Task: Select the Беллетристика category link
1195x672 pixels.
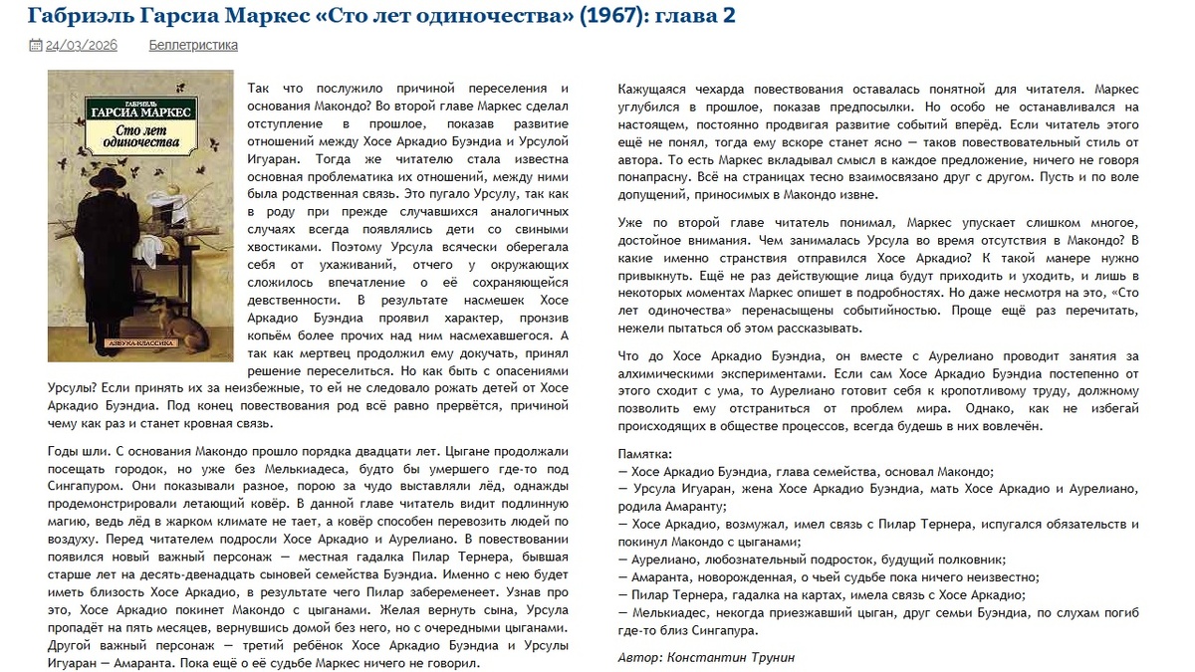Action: [193, 45]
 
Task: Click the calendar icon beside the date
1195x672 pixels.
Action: [36, 45]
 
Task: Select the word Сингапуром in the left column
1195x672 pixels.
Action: [91, 487]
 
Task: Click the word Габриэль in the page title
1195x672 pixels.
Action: [76, 16]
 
